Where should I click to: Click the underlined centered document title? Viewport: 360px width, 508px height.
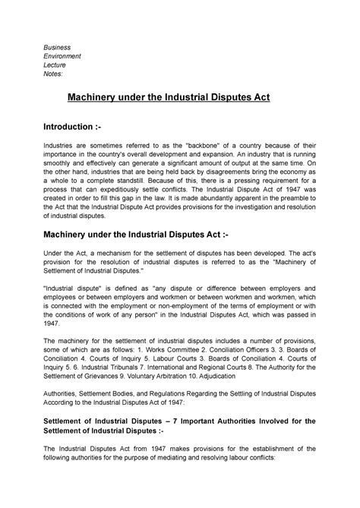(181, 99)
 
